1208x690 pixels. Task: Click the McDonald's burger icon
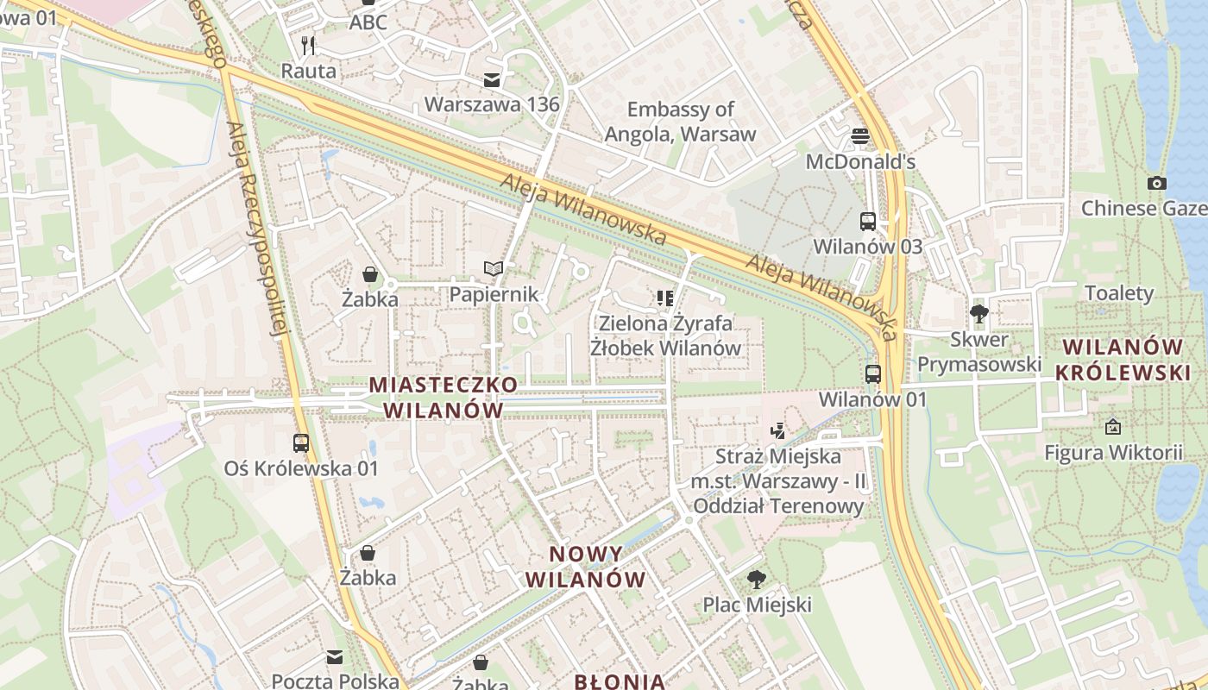(x=859, y=135)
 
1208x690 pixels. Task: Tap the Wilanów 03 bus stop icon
(x=868, y=222)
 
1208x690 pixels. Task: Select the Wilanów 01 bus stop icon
(x=873, y=374)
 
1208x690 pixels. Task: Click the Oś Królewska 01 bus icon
(x=301, y=443)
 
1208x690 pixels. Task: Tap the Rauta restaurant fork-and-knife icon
(x=308, y=45)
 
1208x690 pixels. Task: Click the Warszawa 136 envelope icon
(x=492, y=80)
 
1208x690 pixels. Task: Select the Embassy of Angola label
(x=680, y=122)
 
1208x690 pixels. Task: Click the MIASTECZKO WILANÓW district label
(x=444, y=397)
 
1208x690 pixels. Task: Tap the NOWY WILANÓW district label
(x=585, y=567)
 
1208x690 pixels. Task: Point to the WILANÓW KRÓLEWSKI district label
(x=1123, y=360)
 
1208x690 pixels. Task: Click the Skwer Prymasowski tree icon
(x=978, y=313)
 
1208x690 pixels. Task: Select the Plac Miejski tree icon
(x=757, y=579)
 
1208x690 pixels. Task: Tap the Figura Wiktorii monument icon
(x=1113, y=426)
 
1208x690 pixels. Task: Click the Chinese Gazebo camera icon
(x=1157, y=183)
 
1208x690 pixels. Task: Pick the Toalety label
(x=1118, y=293)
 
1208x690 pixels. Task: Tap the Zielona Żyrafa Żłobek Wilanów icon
(x=664, y=298)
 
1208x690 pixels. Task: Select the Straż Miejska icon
(x=777, y=430)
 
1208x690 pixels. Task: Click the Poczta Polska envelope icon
(x=335, y=657)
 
